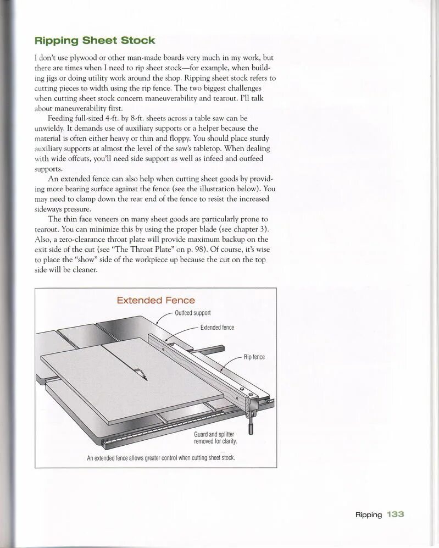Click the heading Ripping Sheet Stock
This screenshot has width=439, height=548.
click(x=95, y=40)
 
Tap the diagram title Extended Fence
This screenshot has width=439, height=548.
click(x=155, y=300)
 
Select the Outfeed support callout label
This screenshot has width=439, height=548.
click(x=192, y=313)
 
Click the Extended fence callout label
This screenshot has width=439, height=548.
click(x=217, y=328)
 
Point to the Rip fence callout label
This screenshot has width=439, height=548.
click(x=254, y=357)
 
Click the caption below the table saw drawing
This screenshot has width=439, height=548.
click(x=161, y=458)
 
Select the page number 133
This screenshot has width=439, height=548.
click(x=395, y=514)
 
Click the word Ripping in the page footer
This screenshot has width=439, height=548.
click(x=368, y=514)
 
